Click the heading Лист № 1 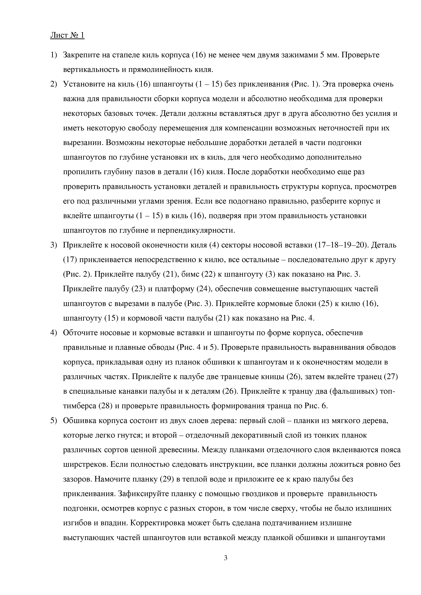(67, 35)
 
